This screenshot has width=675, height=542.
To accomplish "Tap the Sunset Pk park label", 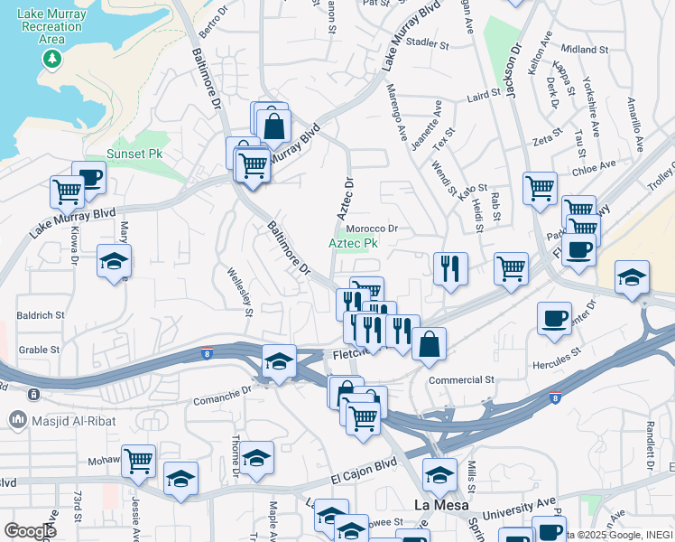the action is (x=134, y=154).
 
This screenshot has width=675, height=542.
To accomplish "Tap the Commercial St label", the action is (x=462, y=380).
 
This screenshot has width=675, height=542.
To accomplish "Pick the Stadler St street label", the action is (x=428, y=42).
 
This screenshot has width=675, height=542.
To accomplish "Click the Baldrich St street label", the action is (x=42, y=316).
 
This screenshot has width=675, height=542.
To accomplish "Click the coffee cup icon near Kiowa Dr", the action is (x=88, y=176).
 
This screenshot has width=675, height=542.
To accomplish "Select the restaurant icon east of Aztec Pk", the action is (x=449, y=267).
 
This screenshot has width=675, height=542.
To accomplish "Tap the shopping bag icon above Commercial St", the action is (x=429, y=343).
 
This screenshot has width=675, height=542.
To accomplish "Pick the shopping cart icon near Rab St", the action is (x=511, y=268).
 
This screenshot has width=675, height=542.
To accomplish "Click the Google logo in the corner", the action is (x=30, y=531).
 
